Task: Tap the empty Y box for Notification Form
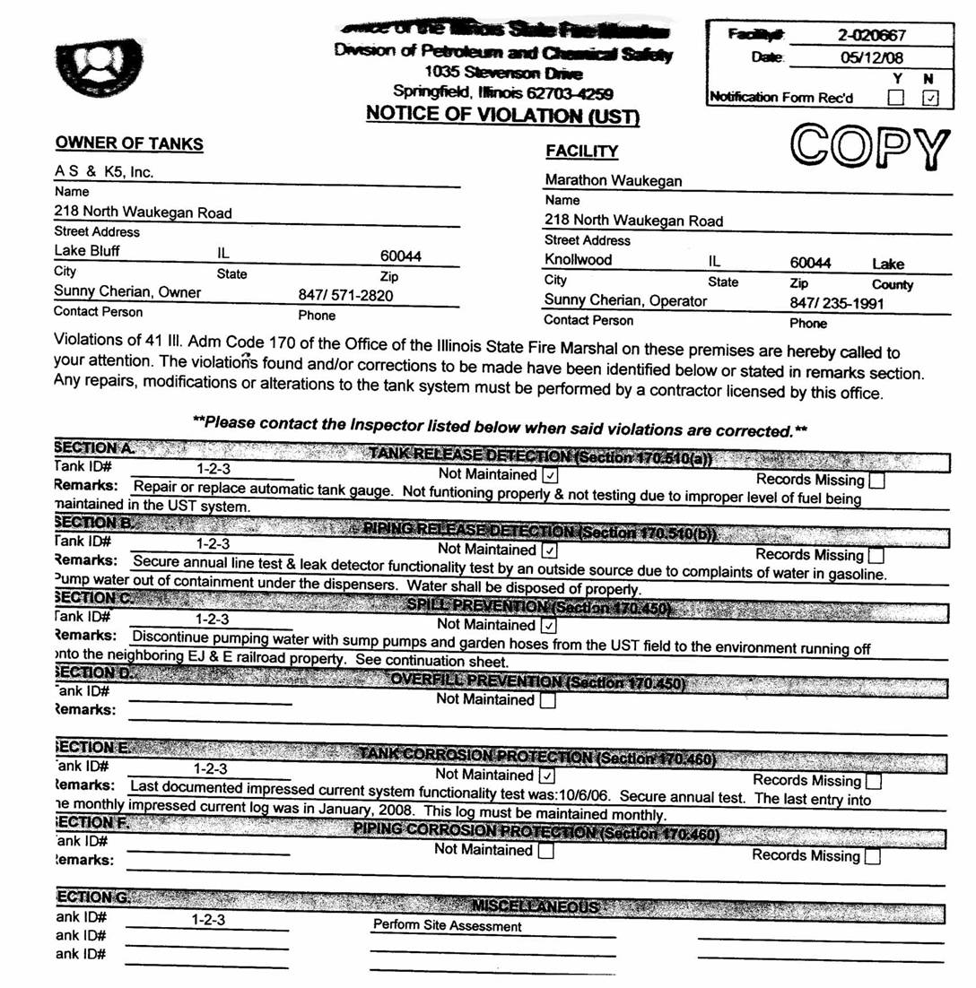[895, 97]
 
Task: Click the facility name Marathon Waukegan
[614, 180]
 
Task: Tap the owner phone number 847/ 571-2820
[344, 295]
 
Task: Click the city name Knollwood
[579, 261]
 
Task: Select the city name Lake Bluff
[87, 250]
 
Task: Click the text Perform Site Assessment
[447, 925]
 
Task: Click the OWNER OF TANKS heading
[129, 143]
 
